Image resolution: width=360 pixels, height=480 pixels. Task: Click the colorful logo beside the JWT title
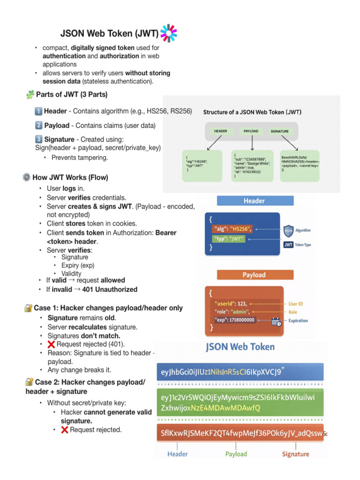169,33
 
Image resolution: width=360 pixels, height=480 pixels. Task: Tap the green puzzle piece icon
30,95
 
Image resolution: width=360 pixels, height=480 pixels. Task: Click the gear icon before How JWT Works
27,177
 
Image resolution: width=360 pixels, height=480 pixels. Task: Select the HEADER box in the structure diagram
220,131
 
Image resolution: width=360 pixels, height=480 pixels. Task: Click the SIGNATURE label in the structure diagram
279,131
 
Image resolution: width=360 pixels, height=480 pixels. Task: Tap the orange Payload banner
254,275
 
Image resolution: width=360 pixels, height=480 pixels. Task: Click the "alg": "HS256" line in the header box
232,229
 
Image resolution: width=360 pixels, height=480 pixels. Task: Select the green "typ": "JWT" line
229,239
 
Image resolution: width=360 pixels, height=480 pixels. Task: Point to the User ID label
295,304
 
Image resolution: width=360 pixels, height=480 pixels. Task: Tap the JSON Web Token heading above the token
240,347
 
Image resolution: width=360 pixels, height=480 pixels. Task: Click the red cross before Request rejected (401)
52,344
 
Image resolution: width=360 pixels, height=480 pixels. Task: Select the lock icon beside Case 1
29,308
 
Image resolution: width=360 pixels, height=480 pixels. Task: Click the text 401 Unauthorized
110,289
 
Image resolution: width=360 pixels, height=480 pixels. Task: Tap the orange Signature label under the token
295,454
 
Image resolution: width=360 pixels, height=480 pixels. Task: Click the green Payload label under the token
236,454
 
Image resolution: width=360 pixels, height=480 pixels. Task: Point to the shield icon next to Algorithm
289,230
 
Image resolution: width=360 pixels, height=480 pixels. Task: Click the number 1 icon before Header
38,112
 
